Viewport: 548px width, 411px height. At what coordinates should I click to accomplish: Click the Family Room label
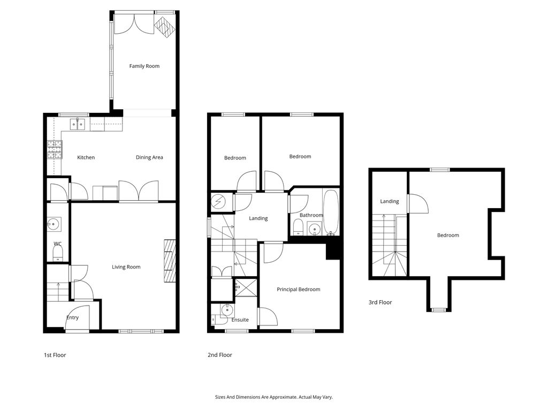tap(144, 66)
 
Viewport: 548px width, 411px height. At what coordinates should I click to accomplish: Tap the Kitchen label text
tap(86, 157)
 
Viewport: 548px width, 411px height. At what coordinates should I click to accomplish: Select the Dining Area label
tap(149, 157)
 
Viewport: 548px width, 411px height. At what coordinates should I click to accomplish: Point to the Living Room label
tap(126, 267)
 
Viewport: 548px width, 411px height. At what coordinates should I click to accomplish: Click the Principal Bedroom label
tap(298, 290)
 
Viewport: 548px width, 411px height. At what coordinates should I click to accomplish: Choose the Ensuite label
tap(240, 320)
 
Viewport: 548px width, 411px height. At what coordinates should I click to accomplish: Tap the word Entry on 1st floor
tap(72, 318)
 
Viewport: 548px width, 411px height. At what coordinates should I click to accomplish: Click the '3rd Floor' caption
tap(380, 302)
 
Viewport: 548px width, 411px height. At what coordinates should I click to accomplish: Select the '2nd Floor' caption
tap(219, 355)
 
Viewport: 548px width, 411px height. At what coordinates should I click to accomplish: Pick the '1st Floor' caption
tap(55, 355)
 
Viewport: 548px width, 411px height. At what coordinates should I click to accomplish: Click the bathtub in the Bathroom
tap(331, 212)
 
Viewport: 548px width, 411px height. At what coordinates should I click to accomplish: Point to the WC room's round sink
tap(54, 224)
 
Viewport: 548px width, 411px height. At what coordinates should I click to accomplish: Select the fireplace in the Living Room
tap(170, 261)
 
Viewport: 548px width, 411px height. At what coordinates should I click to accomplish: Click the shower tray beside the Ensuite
tap(246, 287)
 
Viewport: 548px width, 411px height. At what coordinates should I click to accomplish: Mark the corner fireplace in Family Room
tap(164, 27)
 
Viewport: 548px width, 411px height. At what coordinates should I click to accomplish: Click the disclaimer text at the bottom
tap(273, 397)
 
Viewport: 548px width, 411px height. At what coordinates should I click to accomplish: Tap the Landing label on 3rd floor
tap(390, 202)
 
